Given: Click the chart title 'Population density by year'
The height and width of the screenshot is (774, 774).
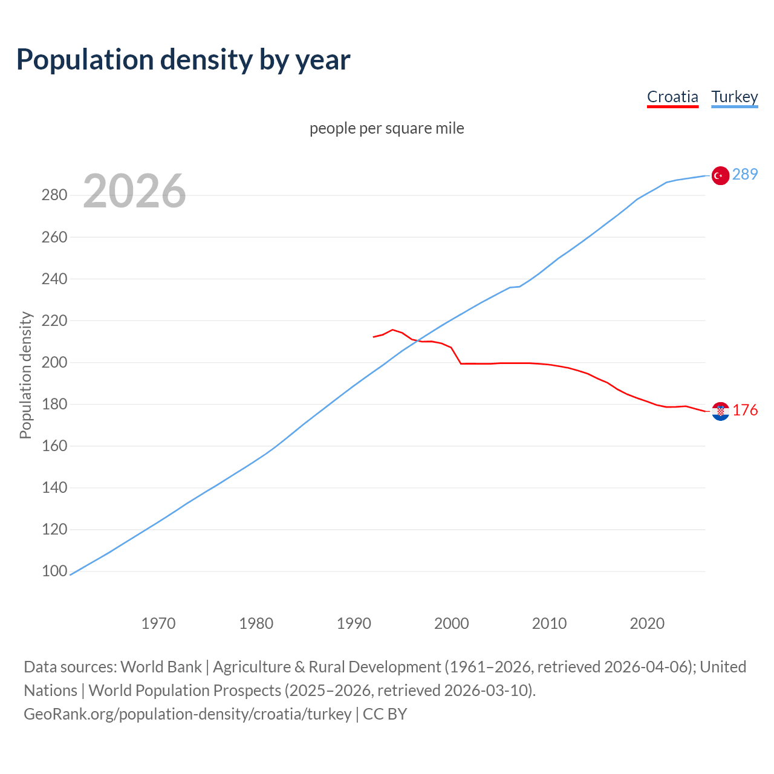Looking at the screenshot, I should coord(183,60).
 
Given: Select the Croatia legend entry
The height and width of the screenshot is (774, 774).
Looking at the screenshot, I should coord(672,97).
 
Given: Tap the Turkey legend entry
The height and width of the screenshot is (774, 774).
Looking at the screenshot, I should coord(734,97).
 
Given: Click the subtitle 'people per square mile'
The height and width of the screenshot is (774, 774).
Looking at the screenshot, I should coord(386,128).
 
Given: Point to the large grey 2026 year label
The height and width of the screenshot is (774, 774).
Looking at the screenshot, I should coord(134,191).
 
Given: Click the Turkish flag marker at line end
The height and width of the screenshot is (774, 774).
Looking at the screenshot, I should coord(720,175).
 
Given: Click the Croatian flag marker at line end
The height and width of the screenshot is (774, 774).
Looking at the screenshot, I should coord(720,411).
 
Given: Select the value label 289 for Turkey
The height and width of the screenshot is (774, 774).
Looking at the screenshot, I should coord(744,174).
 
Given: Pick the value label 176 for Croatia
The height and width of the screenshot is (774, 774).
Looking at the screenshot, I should coord(744,410).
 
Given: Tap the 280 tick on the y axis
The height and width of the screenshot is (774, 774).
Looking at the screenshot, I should coord(54,195).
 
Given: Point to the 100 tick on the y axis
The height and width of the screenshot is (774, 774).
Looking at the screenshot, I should coord(54,571).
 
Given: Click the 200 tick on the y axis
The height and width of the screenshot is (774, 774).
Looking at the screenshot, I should coord(54,362).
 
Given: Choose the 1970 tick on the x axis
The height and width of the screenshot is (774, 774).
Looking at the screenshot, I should coord(158,623).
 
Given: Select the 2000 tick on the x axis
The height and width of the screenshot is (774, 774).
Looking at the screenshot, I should coord(451,623).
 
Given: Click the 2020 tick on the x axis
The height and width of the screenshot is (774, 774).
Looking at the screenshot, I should coord(647,623).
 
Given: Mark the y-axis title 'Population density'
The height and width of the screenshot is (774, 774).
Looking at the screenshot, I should coord(25,375).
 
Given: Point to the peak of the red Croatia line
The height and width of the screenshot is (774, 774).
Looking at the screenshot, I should coord(392,330).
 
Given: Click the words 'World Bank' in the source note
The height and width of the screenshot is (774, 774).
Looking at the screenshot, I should coord(161,666).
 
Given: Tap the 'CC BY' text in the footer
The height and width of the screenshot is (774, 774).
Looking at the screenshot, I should coord(385,714).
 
